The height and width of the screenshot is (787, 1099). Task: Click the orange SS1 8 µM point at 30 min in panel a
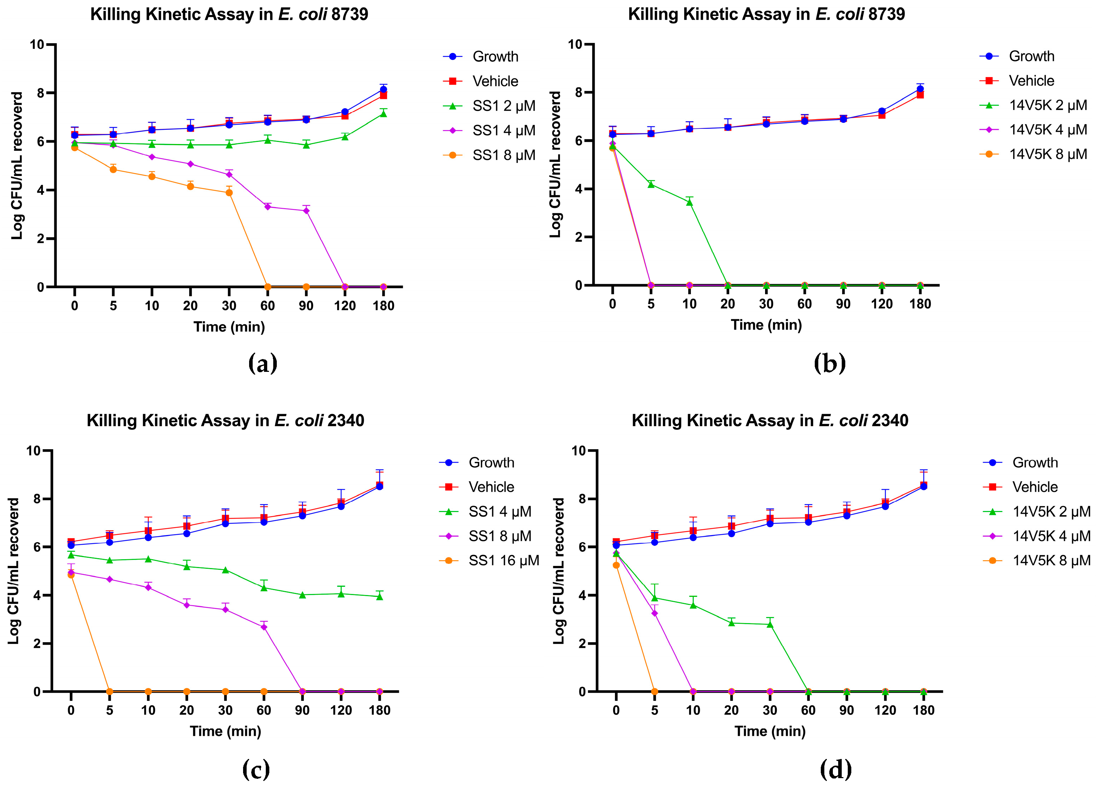pyautogui.click(x=229, y=193)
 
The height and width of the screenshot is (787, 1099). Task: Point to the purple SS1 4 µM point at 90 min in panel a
pyautogui.click(x=306, y=210)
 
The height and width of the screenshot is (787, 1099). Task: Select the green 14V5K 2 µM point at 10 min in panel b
pyautogui.click(x=689, y=203)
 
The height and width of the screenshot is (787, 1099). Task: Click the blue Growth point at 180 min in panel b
pyautogui.click(x=920, y=89)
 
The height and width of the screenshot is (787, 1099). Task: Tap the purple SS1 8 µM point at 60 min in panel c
pyautogui.click(x=264, y=627)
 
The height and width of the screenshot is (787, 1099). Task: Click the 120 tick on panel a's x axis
pyautogui.click(x=345, y=306)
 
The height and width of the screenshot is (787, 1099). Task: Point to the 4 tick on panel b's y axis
pyautogui.click(x=578, y=189)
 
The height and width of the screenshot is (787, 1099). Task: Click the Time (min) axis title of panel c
pyautogui.click(x=225, y=731)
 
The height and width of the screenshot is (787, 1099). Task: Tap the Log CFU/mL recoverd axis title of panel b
pyautogui.click(x=555, y=165)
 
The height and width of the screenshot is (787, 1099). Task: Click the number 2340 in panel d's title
pyautogui.click(x=890, y=420)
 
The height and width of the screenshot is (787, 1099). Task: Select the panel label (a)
pyautogui.click(x=263, y=363)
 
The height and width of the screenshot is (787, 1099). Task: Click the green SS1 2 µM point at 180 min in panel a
pyautogui.click(x=383, y=114)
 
